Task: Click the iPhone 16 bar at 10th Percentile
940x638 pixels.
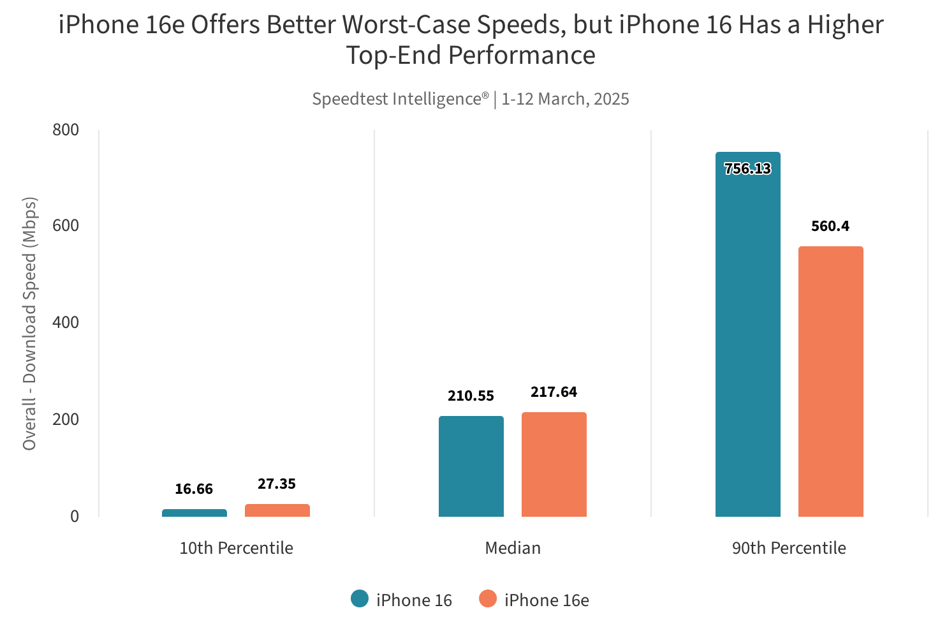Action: (x=195, y=513)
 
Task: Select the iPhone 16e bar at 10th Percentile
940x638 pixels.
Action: (x=277, y=510)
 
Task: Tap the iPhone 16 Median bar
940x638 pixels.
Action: (x=471, y=466)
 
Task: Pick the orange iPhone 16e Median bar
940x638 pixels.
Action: (x=554, y=464)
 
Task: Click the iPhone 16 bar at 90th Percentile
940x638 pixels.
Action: (x=748, y=334)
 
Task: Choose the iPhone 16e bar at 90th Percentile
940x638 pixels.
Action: (x=831, y=382)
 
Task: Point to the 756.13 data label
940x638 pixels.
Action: (x=748, y=169)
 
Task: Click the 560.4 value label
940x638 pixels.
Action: (x=830, y=226)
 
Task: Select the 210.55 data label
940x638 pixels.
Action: (x=471, y=396)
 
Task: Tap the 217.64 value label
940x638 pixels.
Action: (x=554, y=392)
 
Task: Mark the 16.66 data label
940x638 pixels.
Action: (x=194, y=489)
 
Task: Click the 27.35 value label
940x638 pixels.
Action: (x=277, y=484)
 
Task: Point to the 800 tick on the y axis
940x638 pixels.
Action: (x=66, y=130)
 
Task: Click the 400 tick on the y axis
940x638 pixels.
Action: (x=66, y=323)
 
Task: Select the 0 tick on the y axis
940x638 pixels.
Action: (x=75, y=516)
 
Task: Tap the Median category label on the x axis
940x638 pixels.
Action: (x=513, y=548)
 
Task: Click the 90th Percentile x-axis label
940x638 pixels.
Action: (x=789, y=548)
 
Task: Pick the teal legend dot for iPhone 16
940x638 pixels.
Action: (x=360, y=599)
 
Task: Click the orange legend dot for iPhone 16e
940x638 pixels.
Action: (x=488, y=599)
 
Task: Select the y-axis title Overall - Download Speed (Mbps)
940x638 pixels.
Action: (x=29, y=323)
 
